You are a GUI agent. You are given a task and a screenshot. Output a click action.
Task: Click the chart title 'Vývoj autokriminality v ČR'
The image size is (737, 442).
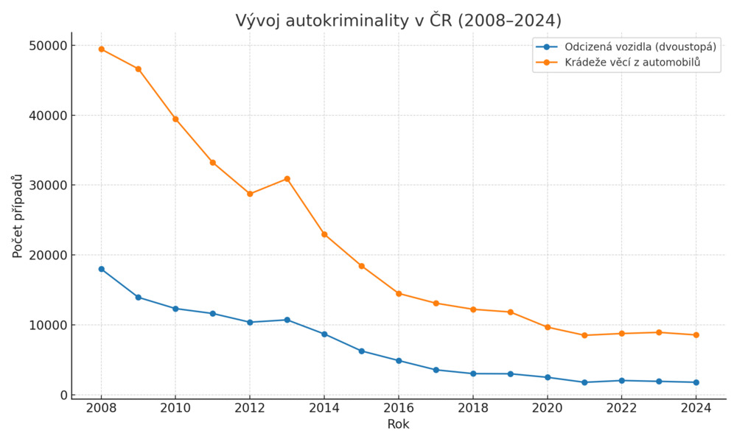[x=398, y=21]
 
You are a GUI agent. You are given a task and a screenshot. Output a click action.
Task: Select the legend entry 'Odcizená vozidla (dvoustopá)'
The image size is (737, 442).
[x=640, y=47]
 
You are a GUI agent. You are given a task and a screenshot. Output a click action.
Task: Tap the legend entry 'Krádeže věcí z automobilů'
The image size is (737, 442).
[x=632, y=63]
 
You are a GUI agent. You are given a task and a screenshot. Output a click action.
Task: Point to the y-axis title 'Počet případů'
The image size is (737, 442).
[x=18, y=216]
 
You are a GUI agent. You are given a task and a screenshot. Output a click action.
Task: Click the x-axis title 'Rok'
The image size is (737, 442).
[x=398, y=424]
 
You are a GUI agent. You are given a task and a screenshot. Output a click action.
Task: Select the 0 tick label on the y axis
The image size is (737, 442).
[x=62, y=396]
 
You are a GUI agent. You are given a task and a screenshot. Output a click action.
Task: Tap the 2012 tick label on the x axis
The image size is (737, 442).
[x=250, y=408]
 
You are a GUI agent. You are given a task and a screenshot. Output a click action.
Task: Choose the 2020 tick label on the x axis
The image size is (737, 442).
[x=547, y=408]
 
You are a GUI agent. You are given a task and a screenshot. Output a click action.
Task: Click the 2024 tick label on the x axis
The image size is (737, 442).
[x=696, y=408]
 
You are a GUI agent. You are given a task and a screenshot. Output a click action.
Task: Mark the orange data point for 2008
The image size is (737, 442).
[x=101, y=49]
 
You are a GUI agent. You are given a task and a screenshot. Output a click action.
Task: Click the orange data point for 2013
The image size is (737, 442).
[x=287, y=179]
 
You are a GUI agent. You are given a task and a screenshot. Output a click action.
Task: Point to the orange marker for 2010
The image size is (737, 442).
[x=175, y=119]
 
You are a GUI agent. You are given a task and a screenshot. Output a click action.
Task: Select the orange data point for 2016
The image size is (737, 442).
[x=399, y=293]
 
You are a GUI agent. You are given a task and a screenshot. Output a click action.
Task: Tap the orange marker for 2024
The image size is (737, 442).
[x=696, y=335]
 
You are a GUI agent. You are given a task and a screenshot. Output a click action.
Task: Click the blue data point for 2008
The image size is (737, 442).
[x=101, y=269]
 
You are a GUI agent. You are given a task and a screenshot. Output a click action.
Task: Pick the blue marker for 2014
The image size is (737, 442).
[x=324, y=334]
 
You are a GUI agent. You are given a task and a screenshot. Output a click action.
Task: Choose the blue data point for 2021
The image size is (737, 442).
[x=584, y=382]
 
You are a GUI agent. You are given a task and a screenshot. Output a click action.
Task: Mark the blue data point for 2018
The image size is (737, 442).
[x=473, y=373]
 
